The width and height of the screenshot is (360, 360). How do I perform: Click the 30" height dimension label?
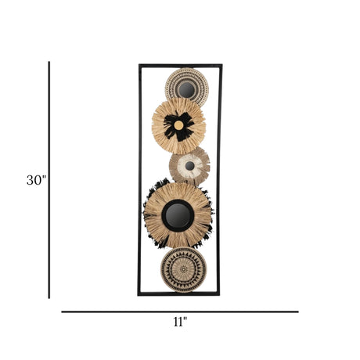click(x=36, y=180)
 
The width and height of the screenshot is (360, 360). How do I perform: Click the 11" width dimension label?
click(x=180, y=322)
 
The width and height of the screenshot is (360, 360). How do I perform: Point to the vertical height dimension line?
click(x=49, y=180)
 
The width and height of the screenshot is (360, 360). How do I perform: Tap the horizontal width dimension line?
click(x=180, y=311)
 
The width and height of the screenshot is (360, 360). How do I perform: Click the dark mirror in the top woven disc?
click(x=186, y=90)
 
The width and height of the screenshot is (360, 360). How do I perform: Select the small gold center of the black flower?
click(x=178, y=125)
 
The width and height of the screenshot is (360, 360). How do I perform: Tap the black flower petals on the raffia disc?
click(x=179, y=126)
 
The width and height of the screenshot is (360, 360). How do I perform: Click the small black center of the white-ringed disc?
click(x=190, y=166)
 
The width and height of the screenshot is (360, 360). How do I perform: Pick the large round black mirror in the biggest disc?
click(x=178, y=215)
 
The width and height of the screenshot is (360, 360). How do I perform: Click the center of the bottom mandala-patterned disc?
click(x=184, y=269)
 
